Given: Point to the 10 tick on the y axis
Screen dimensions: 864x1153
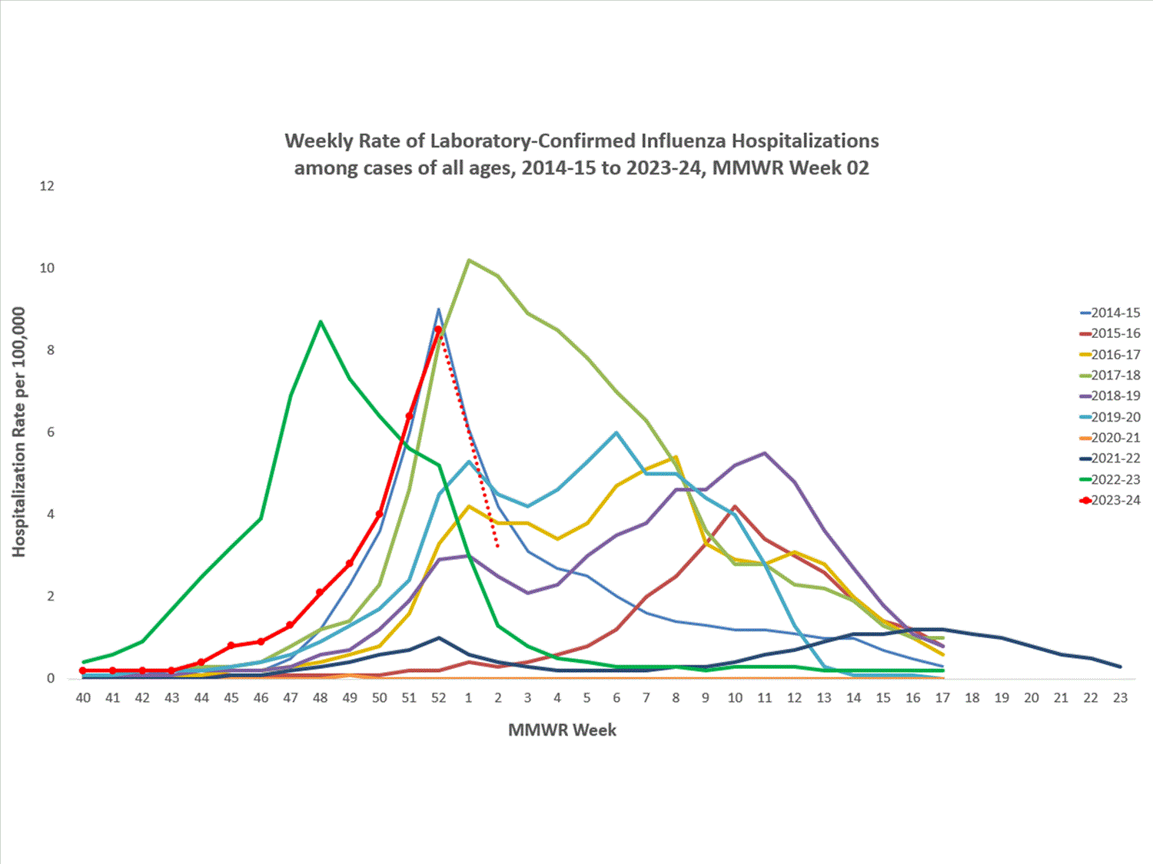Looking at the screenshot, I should [47, 268].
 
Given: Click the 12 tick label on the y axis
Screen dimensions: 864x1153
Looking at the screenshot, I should [47, 186].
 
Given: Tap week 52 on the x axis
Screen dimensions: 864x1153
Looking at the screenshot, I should [439, 697].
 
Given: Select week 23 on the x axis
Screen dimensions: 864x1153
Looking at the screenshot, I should [1120, 697].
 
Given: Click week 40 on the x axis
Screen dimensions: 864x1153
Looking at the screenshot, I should [83, 697].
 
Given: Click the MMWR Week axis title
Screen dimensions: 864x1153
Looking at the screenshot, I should [562, 730].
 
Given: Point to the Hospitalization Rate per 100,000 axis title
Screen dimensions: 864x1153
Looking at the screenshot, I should [18, 432].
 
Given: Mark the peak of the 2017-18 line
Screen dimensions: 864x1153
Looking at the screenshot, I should [469, 260].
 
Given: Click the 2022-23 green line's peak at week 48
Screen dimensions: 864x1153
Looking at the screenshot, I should [321, 322].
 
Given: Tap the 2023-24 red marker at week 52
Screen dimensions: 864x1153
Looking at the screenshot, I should [439, 329].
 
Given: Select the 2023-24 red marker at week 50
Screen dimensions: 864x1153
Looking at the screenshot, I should [380, 514].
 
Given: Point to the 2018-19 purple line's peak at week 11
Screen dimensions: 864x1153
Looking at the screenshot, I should [765, 453].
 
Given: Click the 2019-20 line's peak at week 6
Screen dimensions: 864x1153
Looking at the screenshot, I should [616, 432].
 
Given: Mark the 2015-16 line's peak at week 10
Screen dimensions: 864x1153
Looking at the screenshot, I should [736, 507].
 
